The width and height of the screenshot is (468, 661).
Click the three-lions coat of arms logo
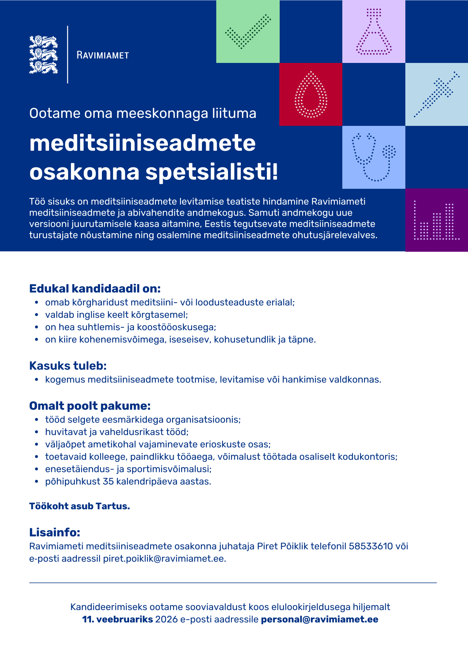(x=43, y=55)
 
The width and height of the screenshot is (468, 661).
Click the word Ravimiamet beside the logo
(x=103, y=55)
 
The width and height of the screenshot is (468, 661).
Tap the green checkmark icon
(x=248, y=32)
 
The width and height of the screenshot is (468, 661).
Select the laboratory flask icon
(x=374, y=32)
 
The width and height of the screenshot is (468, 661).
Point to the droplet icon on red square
(x=311, y=95)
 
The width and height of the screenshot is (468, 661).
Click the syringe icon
(x=437, y=94)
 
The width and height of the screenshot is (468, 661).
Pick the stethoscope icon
(x=374, y=157)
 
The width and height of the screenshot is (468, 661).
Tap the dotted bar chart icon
(x=437, y=220)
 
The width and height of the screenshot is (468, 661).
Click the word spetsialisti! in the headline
(x=212, y=172)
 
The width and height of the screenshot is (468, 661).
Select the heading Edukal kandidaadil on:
(x=95, y=289)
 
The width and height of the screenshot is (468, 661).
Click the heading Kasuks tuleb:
(x=68, y=366)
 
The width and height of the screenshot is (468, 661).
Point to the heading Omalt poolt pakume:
(x=90, y=406)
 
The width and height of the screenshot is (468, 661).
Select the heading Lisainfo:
(x=55, y=532)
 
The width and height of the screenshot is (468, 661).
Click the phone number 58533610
(x=371, y=546)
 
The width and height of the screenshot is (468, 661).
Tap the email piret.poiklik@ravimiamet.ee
(x=165, y=558)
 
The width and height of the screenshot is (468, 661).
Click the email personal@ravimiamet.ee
(x=319, y=619)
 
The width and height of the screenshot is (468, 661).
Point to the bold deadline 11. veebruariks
(x=117, y=619)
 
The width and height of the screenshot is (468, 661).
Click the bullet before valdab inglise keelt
(x=37, y=315)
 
